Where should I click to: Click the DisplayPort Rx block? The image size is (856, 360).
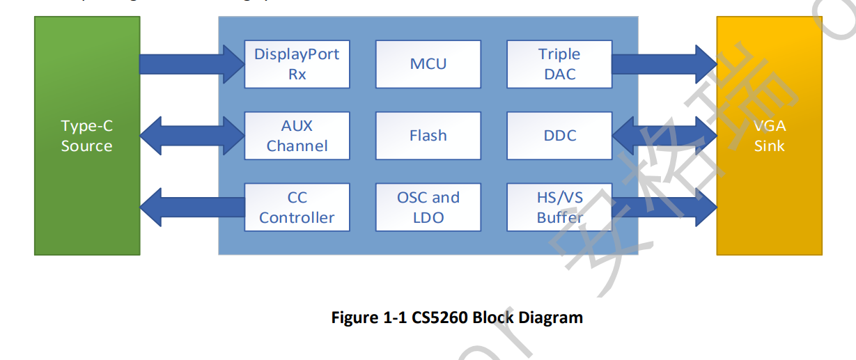tap(297, 64)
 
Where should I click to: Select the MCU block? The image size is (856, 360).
tap(428, 64)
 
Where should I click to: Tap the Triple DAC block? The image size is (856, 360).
tap(559, 64)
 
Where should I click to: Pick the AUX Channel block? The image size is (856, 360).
tap(297, 136)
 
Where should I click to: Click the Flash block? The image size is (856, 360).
tap(428, 136)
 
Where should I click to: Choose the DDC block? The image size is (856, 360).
tap(559, 136)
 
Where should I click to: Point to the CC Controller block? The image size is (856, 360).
tap(297, 208)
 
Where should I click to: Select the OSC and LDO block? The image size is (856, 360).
tap(428, 208)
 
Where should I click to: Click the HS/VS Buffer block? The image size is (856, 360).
tap(559, 208)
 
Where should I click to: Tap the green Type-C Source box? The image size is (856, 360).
tap(87, 136)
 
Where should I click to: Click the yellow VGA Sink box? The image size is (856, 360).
tap(769, 136)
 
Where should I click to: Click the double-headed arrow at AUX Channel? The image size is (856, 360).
tap(192, 136)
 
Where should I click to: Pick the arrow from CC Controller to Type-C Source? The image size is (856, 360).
tap(192, 208)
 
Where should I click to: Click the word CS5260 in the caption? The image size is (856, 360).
tap(439, 318)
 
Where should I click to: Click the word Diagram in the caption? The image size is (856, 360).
tap(550, 318)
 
